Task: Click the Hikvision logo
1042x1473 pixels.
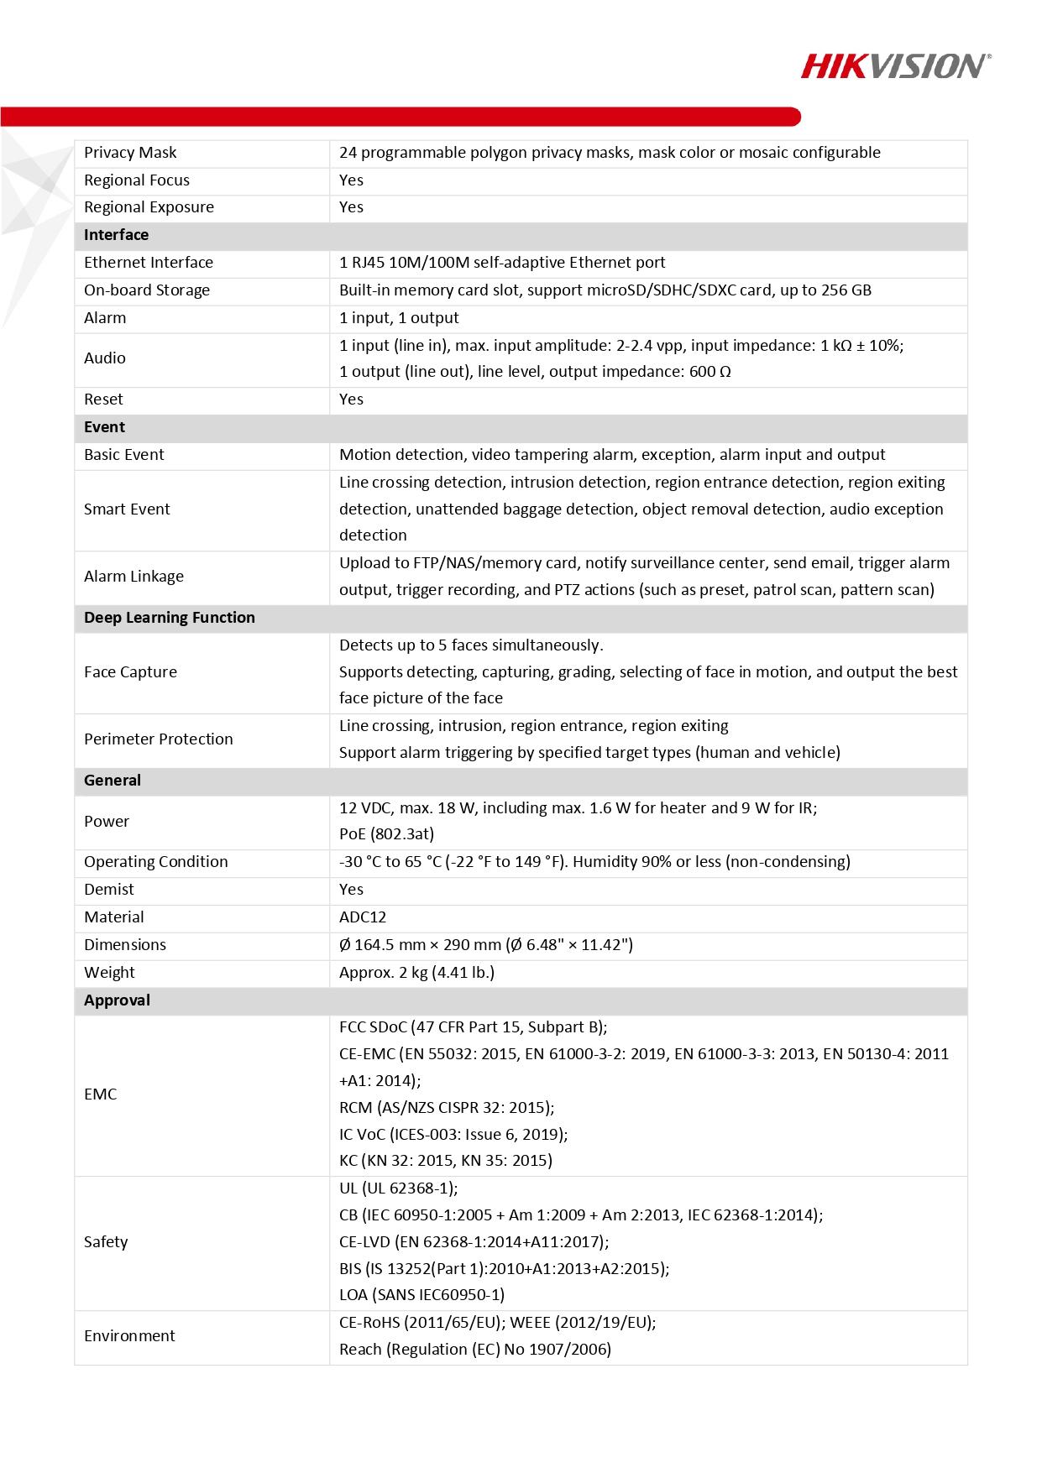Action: pyautogui.click(x=895, y=65)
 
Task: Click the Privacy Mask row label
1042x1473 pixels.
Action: pyautogui.click(x=130, y=153)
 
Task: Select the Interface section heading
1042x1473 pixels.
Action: pyautogui.click(x=116, y=235)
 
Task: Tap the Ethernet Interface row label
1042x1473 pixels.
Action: pyautogui.click(x=149, y=263)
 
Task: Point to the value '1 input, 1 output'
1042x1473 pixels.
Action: pyautogui.click(x=399, y=318)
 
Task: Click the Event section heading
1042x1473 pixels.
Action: pyautogui.click(x=104, y=427)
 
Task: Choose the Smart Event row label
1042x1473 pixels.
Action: pyautogui.click(x=127, y=509)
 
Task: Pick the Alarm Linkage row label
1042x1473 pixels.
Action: pyautogui.click(x=134, y=577)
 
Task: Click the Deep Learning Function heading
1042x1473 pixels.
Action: pyautogui.click(x=169, y=618)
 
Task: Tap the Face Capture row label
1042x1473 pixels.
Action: pyautogui.click(x=130, y=672)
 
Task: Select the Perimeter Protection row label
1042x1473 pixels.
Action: pyautogui.click(x=158, y=739)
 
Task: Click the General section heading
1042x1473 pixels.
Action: pyautogui.click(x=113, y=781)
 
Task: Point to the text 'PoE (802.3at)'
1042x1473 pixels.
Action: pyautogui.click(x=386, y=834)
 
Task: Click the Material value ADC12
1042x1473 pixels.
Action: pyautogui.click(x=363, y=917)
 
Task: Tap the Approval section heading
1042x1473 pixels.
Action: pyautogui.click(x=117, y=1000)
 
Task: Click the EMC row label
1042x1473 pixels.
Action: pyautogui.click(x=100, y=1094)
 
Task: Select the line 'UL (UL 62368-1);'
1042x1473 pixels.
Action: pyautogui.click(x=398, y=1188)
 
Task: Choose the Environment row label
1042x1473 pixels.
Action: pyautogui.click(x=129, y=1336)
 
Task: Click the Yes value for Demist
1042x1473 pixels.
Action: pyautogui.click(x=351, y=890)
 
